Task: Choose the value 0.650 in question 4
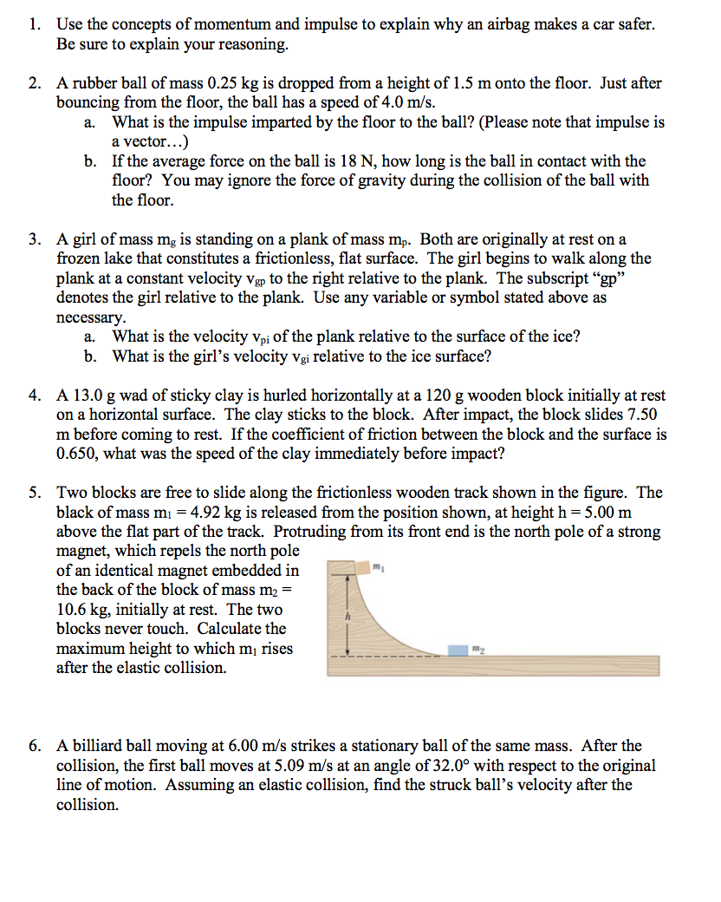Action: coord(76,454)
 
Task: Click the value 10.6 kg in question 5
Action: coord(80,609)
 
